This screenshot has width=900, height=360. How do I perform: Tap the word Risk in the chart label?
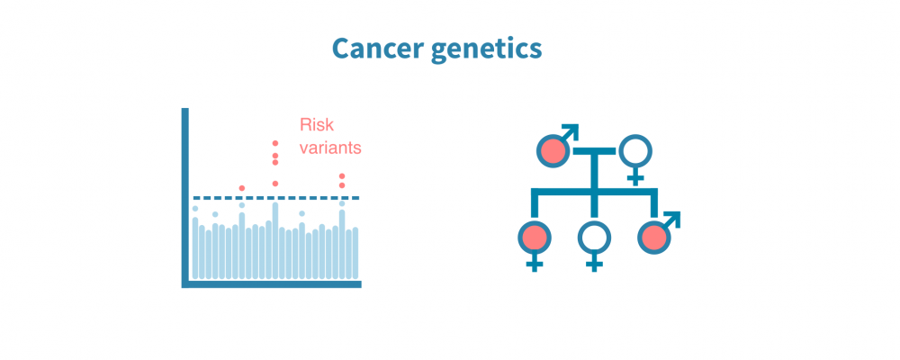(317, 126)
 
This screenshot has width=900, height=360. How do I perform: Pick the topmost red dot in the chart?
(275, 143)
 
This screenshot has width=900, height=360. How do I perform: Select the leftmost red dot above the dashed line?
(242, 188)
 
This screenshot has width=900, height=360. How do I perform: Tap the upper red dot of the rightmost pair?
(342, 176)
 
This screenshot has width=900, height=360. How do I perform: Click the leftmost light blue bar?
(195, 247)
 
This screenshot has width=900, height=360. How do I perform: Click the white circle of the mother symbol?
(635, 150)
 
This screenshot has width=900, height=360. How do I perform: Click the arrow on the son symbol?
(671, 219)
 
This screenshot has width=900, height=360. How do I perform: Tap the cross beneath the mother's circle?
(635, 175)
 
